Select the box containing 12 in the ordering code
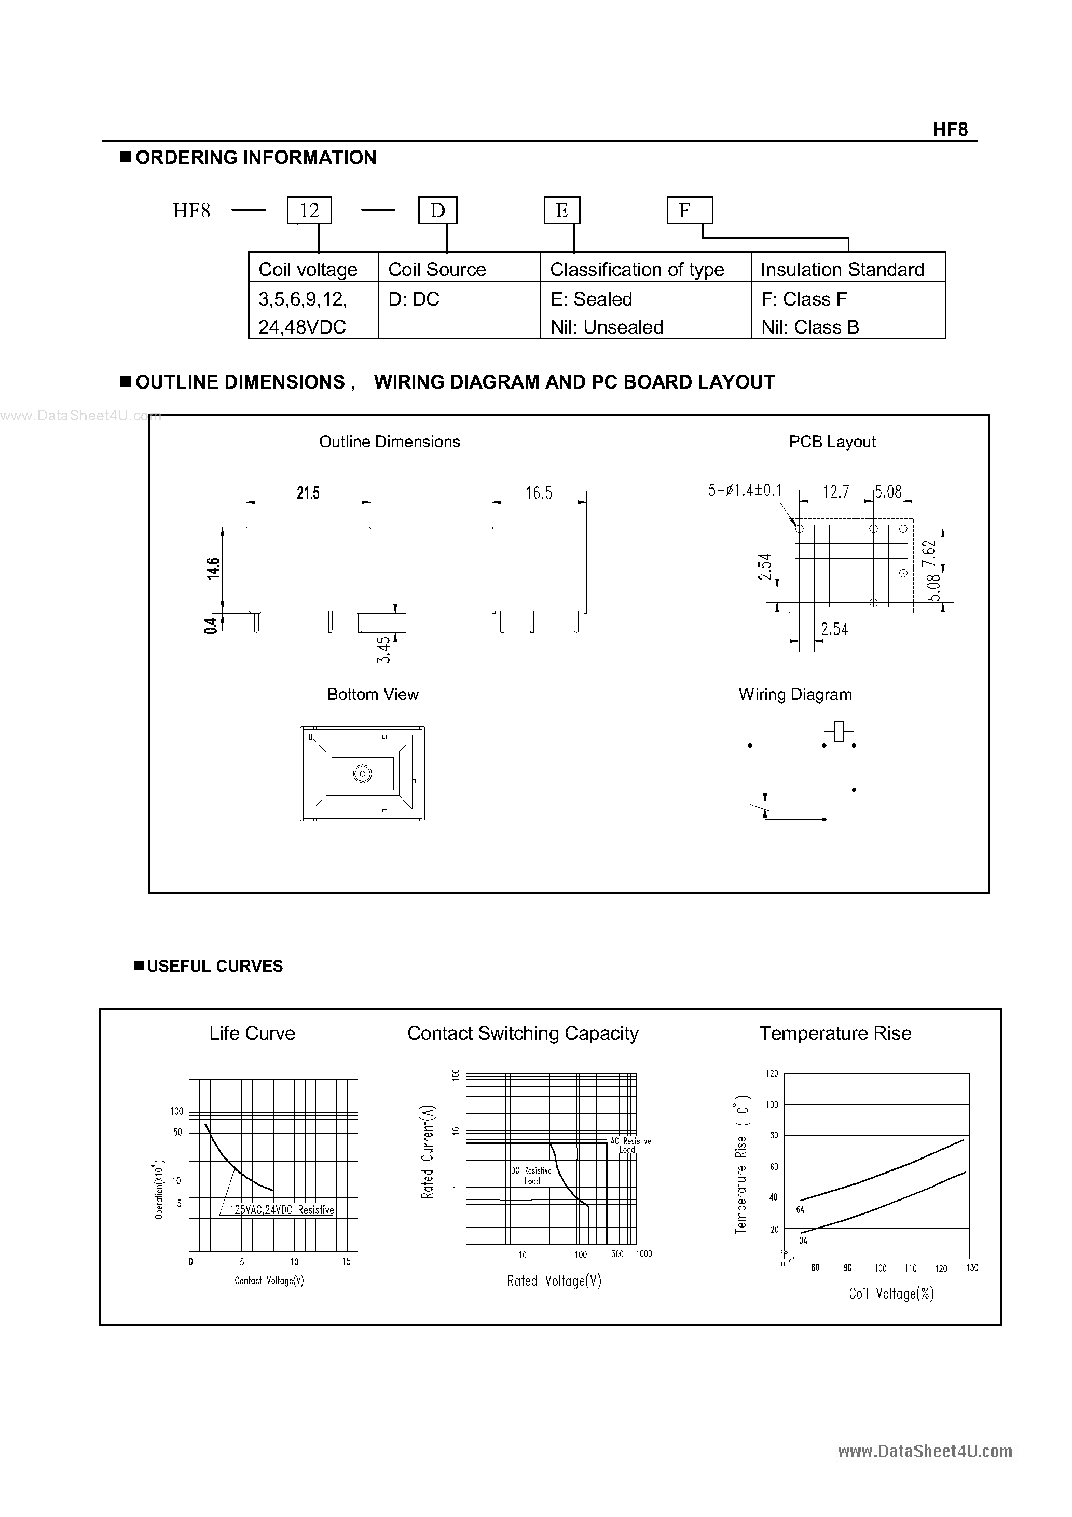click(x=309, y=211)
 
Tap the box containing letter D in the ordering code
click(x=437, y=211)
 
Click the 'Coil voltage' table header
click(x=308, y=270)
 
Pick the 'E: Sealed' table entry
click(x=591, y=299)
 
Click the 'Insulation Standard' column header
click(x=842, y=270)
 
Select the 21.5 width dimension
click(x=308, y=493)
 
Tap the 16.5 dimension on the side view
click(x=539, y=493)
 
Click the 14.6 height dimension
click(x=213, y=568)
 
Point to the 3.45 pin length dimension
click(x=383, y=650)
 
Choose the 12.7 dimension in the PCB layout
click(x=835, y=491)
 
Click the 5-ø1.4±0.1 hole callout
click(x=745, y=490)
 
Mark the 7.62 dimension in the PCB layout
click(x=929, y=553)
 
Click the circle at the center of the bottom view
click(x=362, y=774)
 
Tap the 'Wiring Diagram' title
click(x=795, y=694)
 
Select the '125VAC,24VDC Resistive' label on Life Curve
click(x=282, y=1210)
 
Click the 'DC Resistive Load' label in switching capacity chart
click(x=531, y=1176)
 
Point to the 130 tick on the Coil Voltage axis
click(x=971, y=1268)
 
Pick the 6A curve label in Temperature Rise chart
click(x=800, y=1210)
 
